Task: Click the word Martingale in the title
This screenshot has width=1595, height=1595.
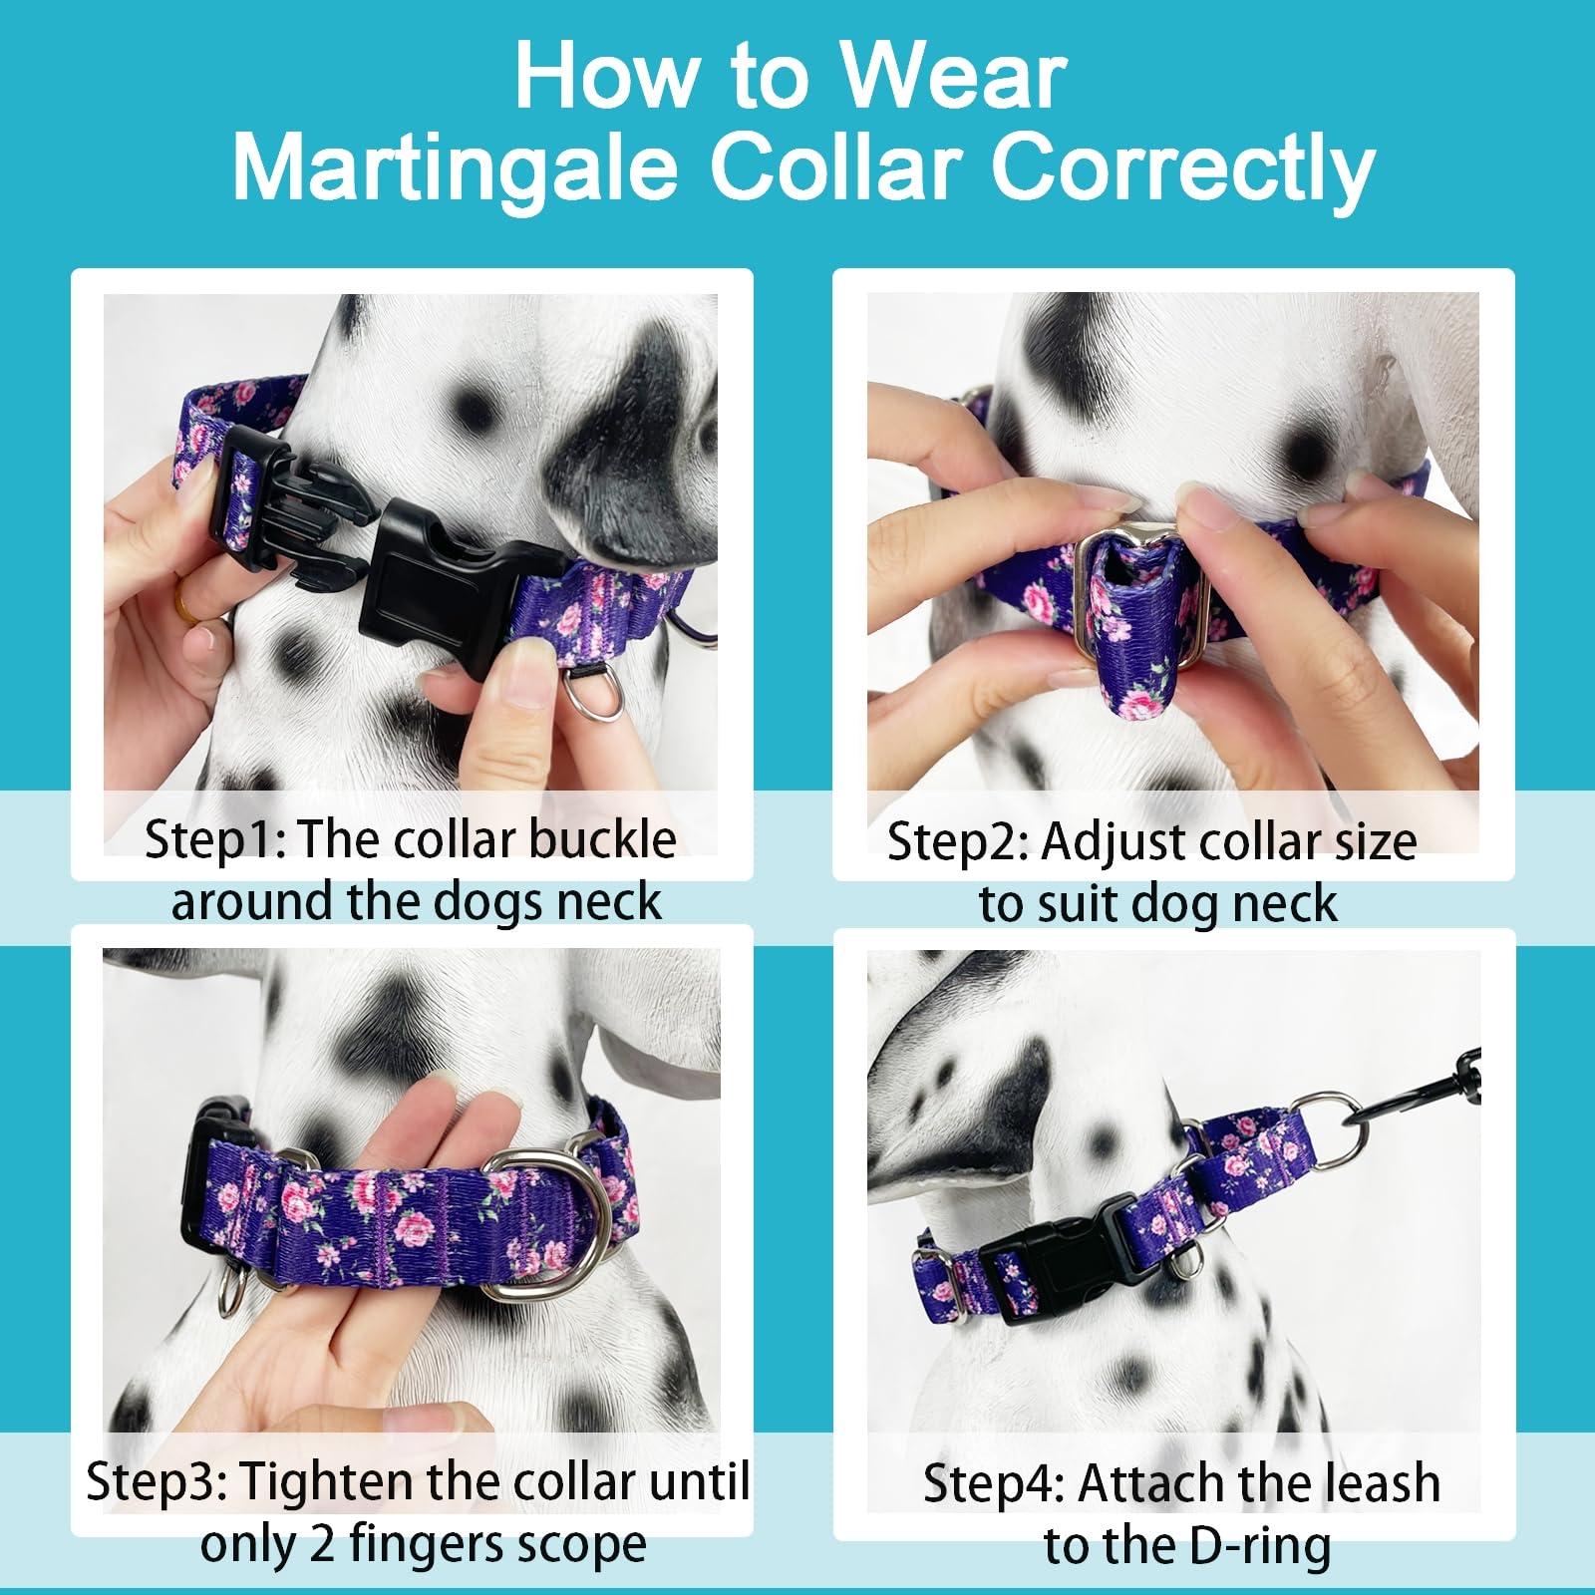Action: (x=455, y=166)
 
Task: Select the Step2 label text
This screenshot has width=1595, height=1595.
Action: (x=957, y=841)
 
